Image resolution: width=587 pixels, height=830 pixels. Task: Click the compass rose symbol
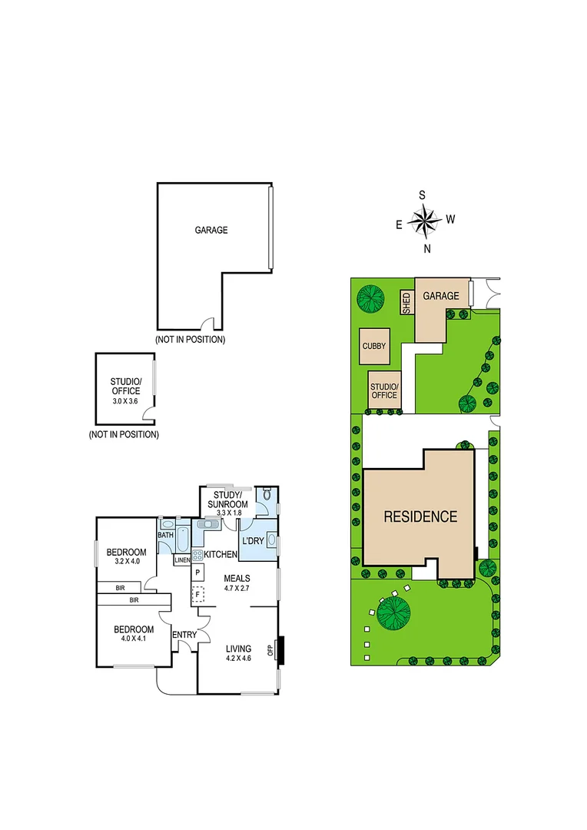point(423,221)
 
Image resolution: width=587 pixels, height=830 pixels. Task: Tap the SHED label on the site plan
point(406,303)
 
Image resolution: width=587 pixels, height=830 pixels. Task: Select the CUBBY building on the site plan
point(374,347)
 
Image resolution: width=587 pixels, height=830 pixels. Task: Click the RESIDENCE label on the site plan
point(420,516)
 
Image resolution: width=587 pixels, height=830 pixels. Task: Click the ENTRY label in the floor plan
point(184,634)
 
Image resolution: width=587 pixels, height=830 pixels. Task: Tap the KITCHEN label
point(220,554)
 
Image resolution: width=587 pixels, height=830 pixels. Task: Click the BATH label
point(165,535)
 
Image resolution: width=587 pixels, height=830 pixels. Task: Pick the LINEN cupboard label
point(182,560)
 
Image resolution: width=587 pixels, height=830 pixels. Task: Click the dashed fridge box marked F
point(197,594)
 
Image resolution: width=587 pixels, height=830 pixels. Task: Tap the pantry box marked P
point(197,573)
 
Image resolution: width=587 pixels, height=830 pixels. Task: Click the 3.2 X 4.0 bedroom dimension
point(127,563)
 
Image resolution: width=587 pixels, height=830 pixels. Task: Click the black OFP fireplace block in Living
point(280,649)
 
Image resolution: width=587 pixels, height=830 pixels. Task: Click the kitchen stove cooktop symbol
point(197,554)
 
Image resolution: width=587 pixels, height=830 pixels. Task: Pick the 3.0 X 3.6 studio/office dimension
point(125,400)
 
